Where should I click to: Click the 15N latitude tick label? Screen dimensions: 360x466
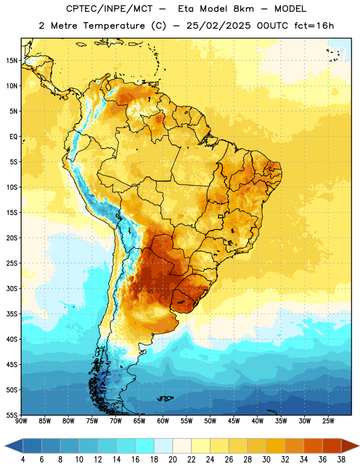pos(12,61)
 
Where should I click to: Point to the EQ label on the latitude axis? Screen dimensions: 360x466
pos(13,137)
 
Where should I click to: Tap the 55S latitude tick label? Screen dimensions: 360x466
pos(12,415)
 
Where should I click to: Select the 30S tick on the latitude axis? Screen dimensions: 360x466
pos(12,288)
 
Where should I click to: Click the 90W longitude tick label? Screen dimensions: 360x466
pos(22,421)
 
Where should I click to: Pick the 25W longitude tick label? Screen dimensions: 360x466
pos(329,421)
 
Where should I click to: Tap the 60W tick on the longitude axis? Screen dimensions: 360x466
pos(163,421)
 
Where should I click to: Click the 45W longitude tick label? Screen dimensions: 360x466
pos(234,421)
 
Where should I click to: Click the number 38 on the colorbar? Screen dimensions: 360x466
pos(341,460)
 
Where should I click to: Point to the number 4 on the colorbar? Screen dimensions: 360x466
pos(23,460)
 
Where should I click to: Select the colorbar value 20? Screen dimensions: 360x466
pos(172,460)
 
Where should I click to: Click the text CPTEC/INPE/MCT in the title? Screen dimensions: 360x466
pos(110,9)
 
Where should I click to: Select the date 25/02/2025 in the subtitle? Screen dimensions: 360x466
pos(219,26)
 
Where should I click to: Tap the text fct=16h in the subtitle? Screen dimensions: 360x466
pos(314,26)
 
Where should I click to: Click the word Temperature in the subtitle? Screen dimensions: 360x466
pos(114,26)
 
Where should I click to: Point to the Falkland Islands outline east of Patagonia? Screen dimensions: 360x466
pos(165,398)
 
